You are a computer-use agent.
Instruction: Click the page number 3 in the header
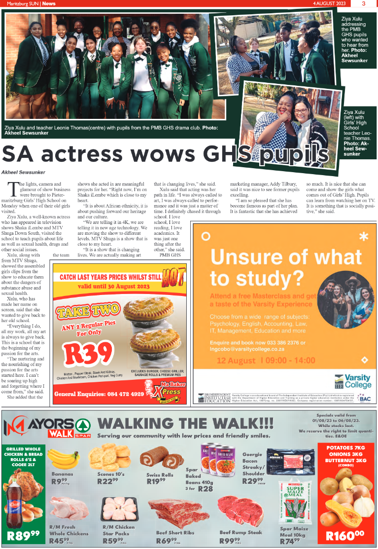coord(363,3)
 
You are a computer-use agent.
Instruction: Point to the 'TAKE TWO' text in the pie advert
coord(88,311)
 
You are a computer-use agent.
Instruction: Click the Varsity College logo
coord(352,381)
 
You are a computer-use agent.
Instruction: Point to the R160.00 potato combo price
coord(345,535)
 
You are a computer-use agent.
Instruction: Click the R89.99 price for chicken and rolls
coord(24,535)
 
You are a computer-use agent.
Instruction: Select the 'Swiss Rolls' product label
coord(160,475)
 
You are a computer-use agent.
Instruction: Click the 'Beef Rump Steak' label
coord(241,533)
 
